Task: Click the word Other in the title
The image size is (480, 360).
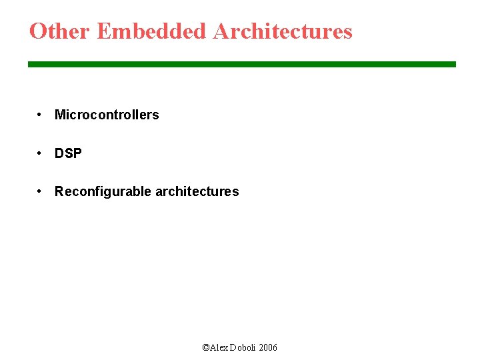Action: coord(60,31)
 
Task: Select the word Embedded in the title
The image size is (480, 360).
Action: coord(152,31)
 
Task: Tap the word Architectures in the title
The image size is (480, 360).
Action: coord(283,31)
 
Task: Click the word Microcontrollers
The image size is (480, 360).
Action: coord(107,115)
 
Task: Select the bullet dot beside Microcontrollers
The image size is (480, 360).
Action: coord(41,115)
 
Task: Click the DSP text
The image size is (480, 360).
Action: coord(68,153)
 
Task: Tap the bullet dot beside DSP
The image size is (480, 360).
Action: coord(41,153)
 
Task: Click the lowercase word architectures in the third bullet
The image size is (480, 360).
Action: coord(197,192)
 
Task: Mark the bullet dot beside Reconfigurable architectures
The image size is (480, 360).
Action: coord(41,191)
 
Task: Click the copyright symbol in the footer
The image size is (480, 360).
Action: coord(205,348)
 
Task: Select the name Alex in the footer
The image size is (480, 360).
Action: coord(219,348)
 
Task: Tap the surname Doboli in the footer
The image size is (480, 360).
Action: coord(243,348)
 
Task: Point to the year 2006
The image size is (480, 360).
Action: coord(268,348)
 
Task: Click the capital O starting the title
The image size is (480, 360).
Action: coord(38,31)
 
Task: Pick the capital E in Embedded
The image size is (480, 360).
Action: coord(103,31)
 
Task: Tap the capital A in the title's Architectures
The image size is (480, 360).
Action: coord(222,31)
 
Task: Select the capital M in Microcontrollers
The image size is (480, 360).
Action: coord(59,115)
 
